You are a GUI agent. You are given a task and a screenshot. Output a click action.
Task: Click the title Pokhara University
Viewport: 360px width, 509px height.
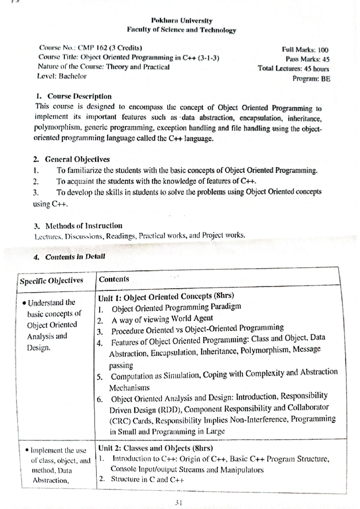pos(182,21)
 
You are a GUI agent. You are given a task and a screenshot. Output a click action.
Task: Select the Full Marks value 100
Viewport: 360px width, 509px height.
pos(323,50)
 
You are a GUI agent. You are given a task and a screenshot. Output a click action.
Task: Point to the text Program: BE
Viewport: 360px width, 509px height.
pos(311,79)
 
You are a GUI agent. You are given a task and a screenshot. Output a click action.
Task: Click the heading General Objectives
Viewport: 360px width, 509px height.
pos(77,159)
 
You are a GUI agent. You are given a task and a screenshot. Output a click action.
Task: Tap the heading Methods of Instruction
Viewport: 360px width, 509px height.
pos(84,226)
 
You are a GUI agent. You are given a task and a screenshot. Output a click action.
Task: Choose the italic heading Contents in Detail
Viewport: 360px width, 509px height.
pos(75,257)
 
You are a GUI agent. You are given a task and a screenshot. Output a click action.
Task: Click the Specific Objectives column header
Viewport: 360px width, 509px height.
pos(51,281)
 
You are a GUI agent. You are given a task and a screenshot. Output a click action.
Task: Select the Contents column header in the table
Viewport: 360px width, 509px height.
pos(114,279)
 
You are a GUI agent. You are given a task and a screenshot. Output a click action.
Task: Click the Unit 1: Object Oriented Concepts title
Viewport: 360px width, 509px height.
pos(166,297)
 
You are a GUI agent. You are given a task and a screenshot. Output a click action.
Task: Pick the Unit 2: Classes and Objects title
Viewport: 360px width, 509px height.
pos(155,448)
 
